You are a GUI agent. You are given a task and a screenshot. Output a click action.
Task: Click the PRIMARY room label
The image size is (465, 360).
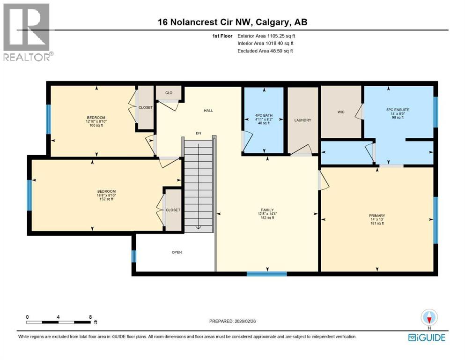coord(376,215)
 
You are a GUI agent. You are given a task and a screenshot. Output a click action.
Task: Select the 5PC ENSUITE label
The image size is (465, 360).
coord(391,110)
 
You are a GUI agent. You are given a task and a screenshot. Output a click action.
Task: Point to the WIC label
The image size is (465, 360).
coord(341,112)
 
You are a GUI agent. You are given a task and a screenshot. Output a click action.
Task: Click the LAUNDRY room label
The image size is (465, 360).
coord(303,120)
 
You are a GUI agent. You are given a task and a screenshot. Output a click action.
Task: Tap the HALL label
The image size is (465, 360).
coord(208,111)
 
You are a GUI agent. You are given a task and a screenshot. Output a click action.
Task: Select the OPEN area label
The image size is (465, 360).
coord(177,252)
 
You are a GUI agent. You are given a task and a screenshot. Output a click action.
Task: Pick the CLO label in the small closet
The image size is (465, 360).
coord(169,93)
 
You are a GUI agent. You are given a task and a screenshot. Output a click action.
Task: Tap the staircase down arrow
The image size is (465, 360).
coord(199,227)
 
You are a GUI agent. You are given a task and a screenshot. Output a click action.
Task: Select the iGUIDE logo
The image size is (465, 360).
coord(427,337)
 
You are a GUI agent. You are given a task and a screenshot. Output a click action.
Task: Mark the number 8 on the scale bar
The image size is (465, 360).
coord(90,317)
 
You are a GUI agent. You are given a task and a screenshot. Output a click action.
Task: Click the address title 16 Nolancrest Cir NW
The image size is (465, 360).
coord(232,22)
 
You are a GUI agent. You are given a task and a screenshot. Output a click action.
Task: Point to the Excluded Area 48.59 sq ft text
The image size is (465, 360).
coord(265,51)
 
